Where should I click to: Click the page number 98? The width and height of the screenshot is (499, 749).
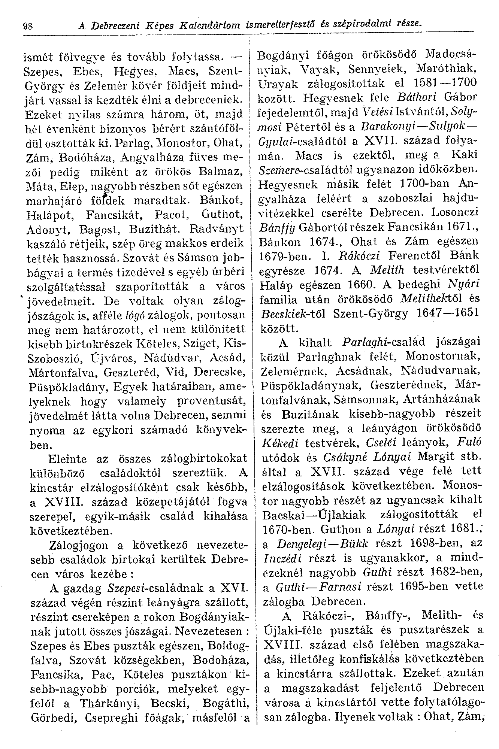coord(27,26)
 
